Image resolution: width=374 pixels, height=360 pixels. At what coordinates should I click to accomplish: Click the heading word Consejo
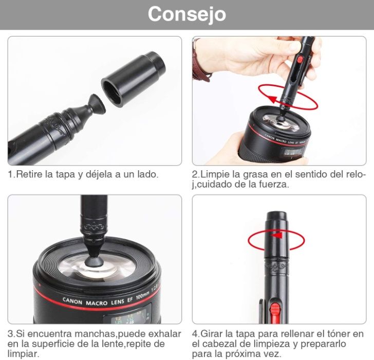pyautogui.click(x=186, y=14)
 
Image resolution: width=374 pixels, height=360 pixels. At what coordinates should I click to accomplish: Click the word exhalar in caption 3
pyautogui.click(x=164, y=334)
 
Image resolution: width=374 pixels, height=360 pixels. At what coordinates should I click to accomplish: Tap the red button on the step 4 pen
pyautogui.click(x=275, y=310)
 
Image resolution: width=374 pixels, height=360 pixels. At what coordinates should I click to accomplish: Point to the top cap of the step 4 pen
pyautogui.click(x=276, y=219)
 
